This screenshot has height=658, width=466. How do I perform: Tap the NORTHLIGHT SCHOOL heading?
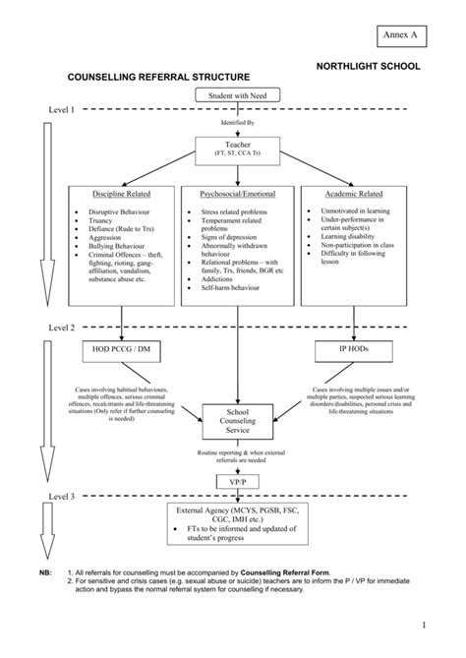(x=368, y=65)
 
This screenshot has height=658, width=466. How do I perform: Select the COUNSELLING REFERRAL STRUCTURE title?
(x=157, y=76)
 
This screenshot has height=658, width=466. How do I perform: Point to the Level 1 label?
(x=62, y=110)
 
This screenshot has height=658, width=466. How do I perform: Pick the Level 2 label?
(x=62, y=327)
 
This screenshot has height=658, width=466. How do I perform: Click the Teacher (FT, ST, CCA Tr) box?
(x=238, y=149)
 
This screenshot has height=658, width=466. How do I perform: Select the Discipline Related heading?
(x=121, y=195)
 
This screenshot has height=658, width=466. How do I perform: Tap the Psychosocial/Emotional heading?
(x=238, y=195)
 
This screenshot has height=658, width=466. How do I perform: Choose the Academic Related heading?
(x=357, y=195)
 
